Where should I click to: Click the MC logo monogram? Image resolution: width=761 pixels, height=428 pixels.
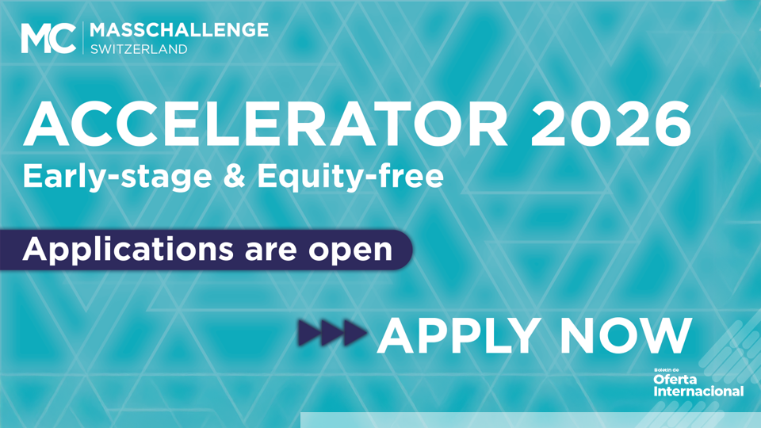click(x=48, y=38)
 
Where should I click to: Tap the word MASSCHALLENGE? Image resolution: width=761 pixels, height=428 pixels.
click(x=179, y=30)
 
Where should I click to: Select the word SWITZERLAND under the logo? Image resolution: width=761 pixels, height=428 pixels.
click(x=139, y=49)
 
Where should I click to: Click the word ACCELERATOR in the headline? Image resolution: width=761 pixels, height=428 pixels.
click(x=266, y=124)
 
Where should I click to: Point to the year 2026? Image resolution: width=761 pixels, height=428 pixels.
click(x=611, y=124)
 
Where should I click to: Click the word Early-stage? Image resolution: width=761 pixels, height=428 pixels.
click(x=117, y=177)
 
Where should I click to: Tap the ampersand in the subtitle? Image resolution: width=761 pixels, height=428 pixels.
click(x=235, y=176)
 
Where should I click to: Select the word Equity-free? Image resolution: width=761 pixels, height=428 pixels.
click(x=350, y=177)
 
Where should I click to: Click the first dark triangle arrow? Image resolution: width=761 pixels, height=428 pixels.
click(x=309, y=333)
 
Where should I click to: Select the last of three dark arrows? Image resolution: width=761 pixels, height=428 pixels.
click(x=355, y=333)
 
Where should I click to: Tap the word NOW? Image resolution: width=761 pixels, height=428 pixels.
click(x=626, y=336)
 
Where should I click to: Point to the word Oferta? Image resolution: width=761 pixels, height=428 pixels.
click(x=675, y=380)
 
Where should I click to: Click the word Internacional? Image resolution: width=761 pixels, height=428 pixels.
click(x=698, y=391)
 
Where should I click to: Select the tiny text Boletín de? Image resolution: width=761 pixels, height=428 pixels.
click(x=666, y=370)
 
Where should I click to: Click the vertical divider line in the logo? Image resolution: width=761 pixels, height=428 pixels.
click(x=83, y=38)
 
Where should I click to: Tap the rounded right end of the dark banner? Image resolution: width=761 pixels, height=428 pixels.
click(x=406, y=250)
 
